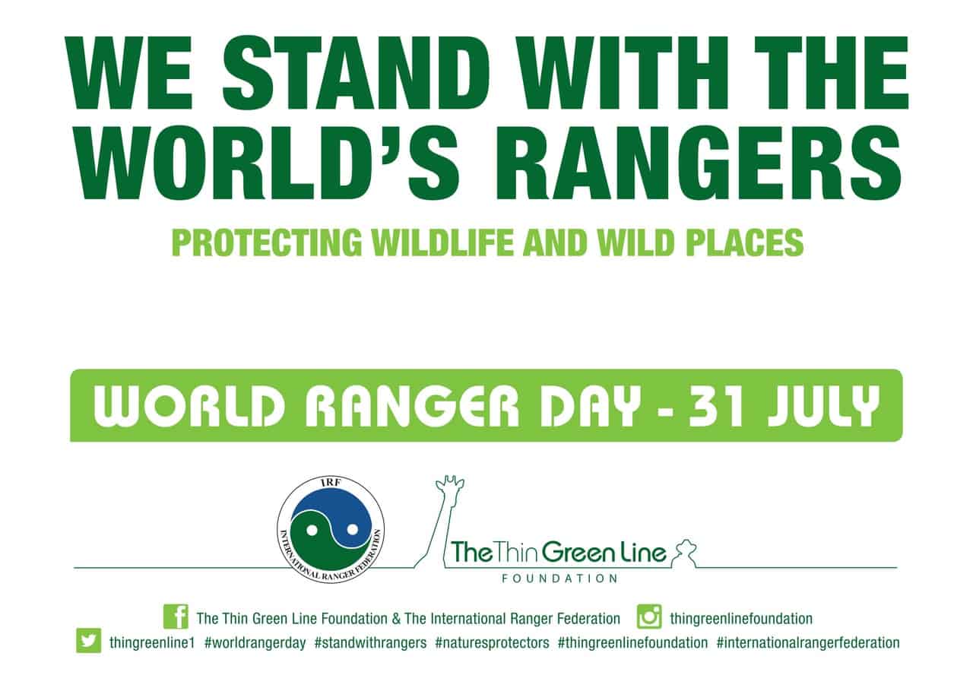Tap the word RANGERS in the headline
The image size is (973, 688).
pos(699,163)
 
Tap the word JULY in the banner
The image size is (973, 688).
pos(823,406)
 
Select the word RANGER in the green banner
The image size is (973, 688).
pos(412,406)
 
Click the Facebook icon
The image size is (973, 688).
pos(176,617)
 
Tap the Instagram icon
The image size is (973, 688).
pos(649,617)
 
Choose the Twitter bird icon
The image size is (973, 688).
pos(89,640)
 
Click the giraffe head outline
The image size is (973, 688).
pos(449,488)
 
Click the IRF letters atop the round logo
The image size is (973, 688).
pos(331,483)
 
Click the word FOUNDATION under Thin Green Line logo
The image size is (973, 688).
pos(559,579)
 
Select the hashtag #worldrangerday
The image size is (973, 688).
pos(255,643)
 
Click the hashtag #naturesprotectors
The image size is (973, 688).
pos(492,643)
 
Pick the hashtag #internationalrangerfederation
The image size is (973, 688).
pos(808,643)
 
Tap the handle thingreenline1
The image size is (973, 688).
pos(152,643)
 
